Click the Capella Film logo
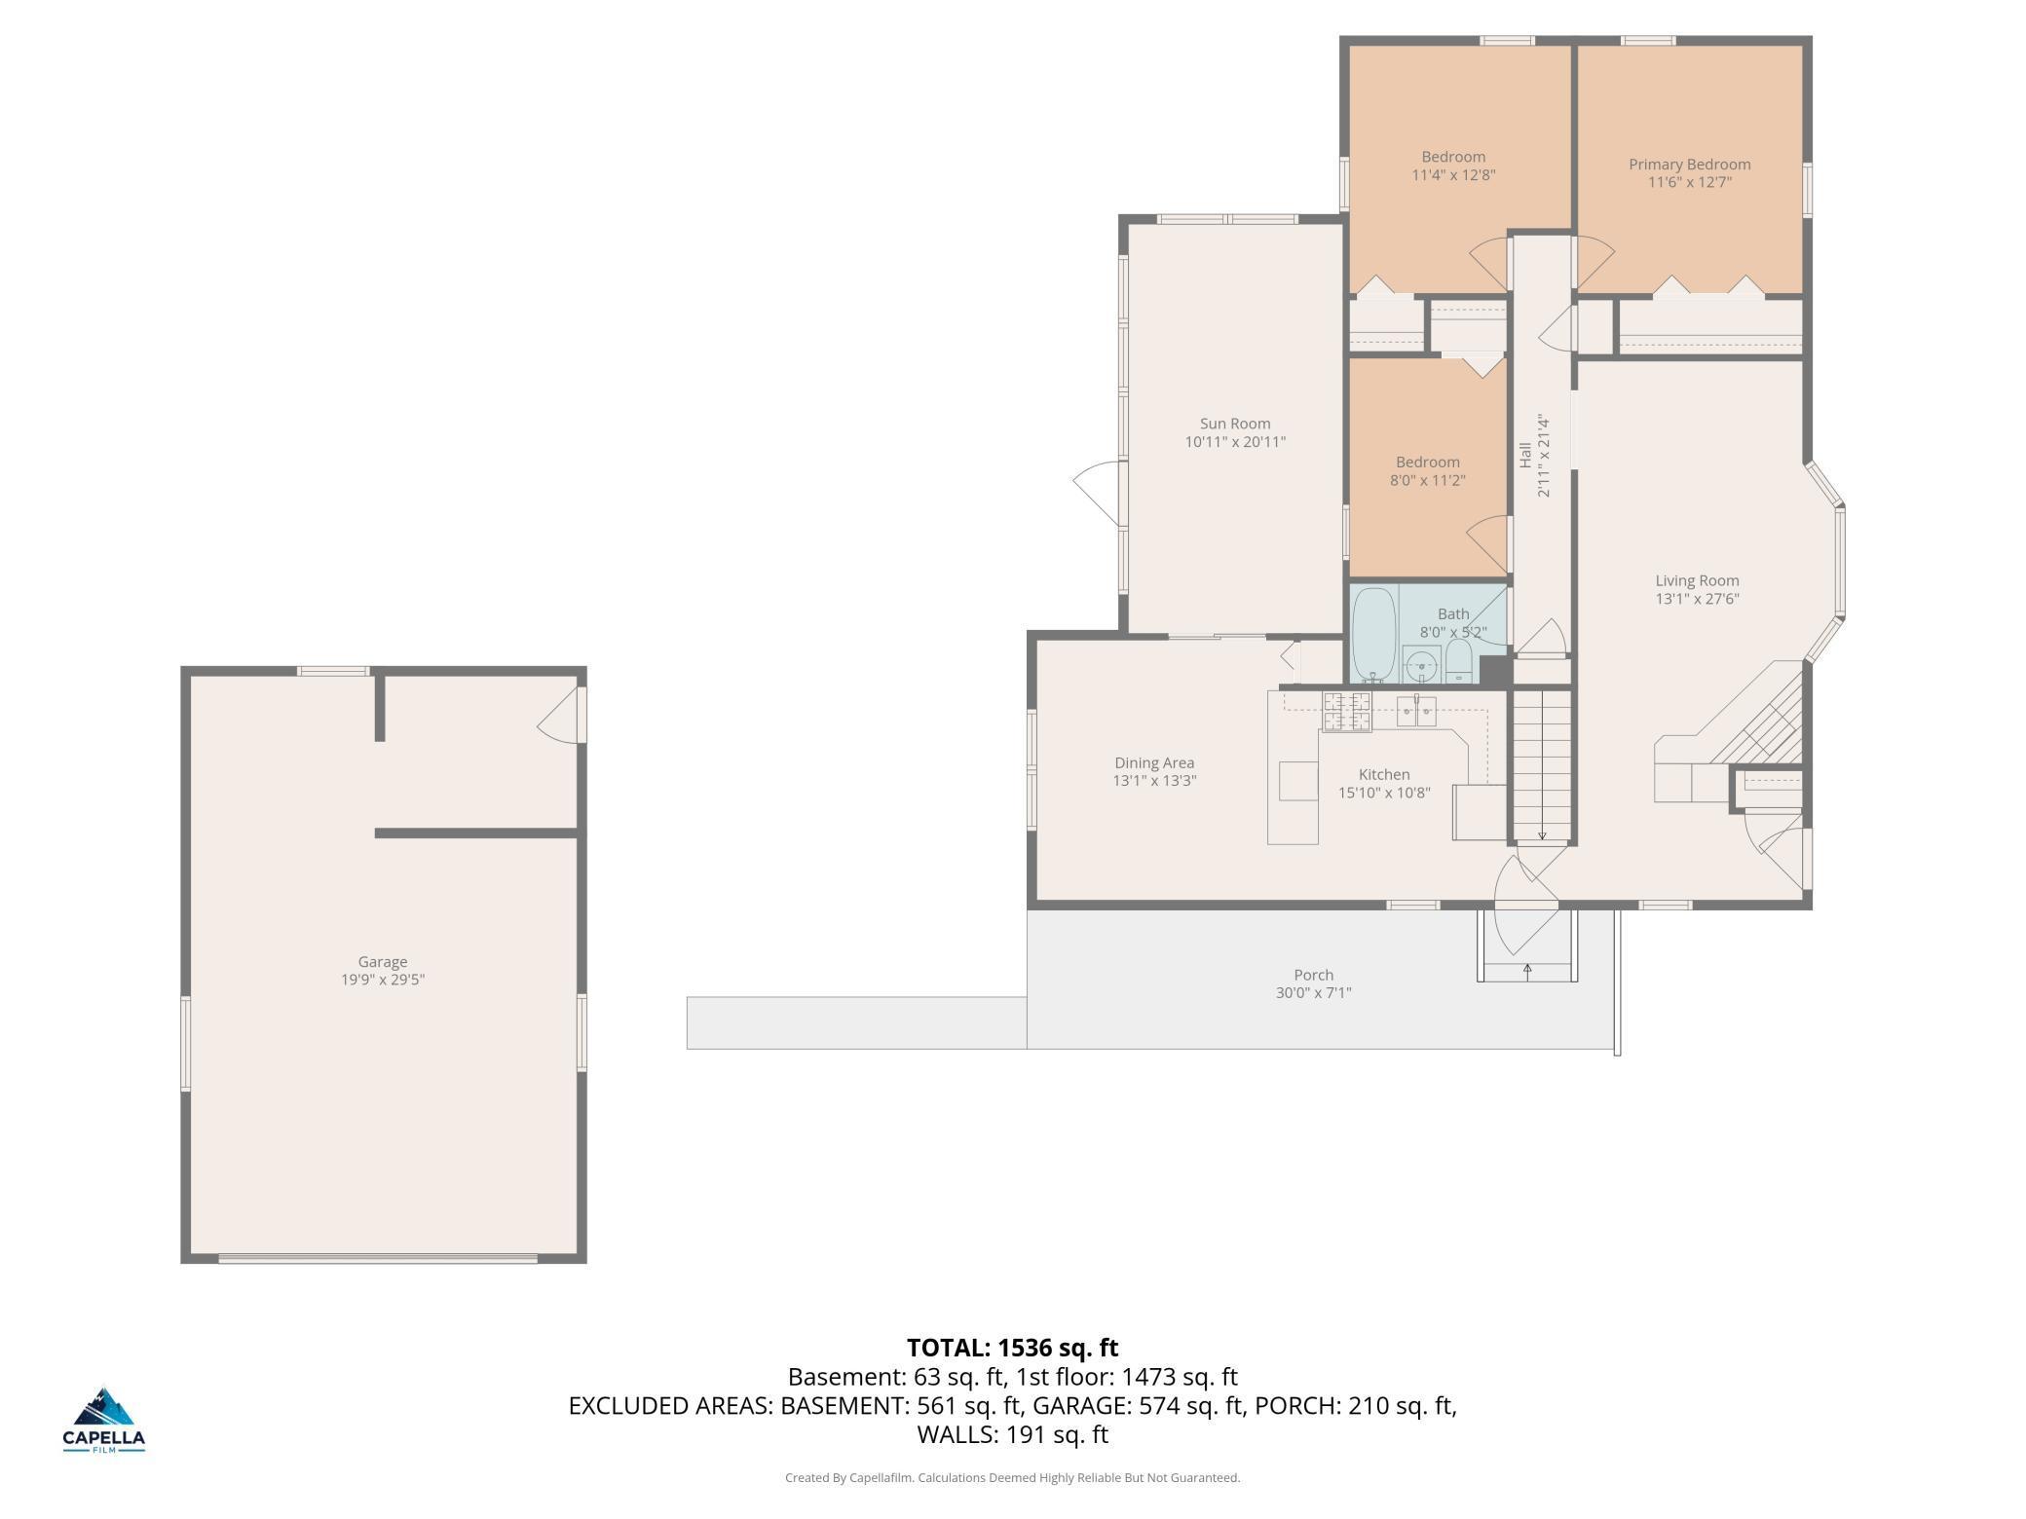point(104,1419)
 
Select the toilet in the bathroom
point(1458,663)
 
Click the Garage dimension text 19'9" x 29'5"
point(382,980)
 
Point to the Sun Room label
point(1234,424)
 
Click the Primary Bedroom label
point(1689,165)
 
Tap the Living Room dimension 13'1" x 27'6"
point(1697,599)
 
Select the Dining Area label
point(1154,763)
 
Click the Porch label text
point(1313,975)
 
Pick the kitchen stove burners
point(1346,712)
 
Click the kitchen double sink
point(1416,712)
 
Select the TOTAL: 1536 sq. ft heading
point(1012,1348)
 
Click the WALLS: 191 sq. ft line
point(1012,1434)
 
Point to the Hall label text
point(1524,456)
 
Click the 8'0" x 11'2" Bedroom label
point(1427,480)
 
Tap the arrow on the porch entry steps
point(1527,969)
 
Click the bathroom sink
point(1421,666)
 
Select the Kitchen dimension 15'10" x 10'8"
point(1383,793)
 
